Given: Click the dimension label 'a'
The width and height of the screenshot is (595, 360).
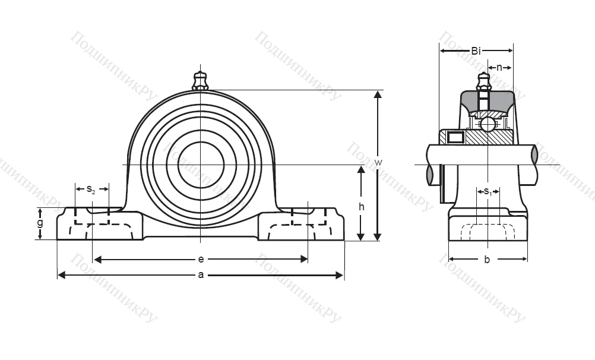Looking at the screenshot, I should (x=201, y=275).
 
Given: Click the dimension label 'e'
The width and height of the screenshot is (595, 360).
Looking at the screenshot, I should (x=201, y=260).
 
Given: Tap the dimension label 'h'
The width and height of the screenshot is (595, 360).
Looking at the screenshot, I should (x=361, y=207).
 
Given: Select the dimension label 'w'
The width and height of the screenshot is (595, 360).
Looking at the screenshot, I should (x=377, y=162).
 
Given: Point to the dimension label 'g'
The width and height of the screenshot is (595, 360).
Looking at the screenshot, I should (x=40, y=223).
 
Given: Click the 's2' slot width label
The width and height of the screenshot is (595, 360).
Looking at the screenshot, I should (x=91, y=190).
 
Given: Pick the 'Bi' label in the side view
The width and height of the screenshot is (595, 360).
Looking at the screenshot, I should (x=476, y=51).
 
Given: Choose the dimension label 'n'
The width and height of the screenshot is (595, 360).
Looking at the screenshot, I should (x=499, y=67).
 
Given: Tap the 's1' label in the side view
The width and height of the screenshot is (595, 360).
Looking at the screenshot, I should (x=487, y=191).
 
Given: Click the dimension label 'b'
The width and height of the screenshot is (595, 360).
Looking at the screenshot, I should (x=487, y=259).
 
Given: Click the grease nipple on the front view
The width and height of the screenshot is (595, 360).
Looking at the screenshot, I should (x=201, y=80).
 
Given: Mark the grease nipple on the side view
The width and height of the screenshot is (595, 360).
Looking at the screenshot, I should (x=484, y=80).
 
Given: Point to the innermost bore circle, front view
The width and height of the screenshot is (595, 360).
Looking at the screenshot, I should (x=201, y=163).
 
